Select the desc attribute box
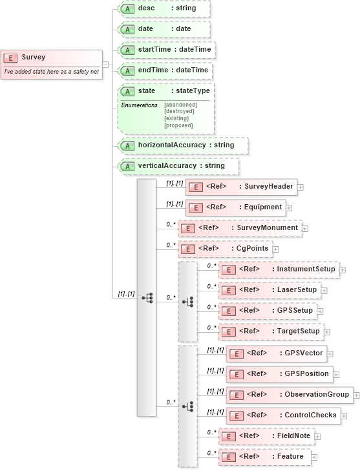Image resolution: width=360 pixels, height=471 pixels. pyautogui.click(x=164, y=8)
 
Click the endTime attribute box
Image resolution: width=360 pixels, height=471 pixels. pyautogui.click(x=165, y=70)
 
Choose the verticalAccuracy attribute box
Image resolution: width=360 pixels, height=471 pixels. pyautogui.click(x=178, y=166)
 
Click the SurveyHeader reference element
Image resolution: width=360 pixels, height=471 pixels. pyautogui.click(x=240, y=187)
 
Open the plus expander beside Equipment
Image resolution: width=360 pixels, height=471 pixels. pyautogui.click(x=289, y=208)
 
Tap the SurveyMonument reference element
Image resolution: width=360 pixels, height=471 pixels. pyautogui.click(x=238, y=228)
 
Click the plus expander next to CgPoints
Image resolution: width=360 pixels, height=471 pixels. pyautogui.click(x=275, y=249)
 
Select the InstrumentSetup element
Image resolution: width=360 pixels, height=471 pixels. pyautogui.click(x=279, y=269)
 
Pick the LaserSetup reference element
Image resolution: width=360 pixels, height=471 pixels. pyautogui.click(x=270, y=290)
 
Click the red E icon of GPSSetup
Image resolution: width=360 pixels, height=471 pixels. pyautogui.click(x=228, y=311)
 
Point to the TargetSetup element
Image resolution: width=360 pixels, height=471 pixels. pyautogui.click(x=271, y=331)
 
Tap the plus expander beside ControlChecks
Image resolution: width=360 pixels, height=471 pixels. pyautogui.click(x=344, y=415)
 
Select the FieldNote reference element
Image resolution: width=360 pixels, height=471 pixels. pyautogui.click(x=266, y=436)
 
